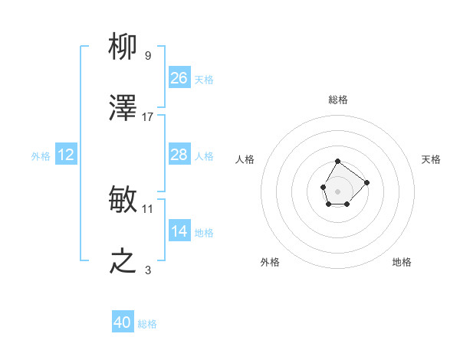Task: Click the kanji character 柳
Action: pos(123,47)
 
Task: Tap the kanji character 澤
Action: pos(123,110)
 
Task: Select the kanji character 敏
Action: pos(123,200)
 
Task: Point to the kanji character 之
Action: pos(123,262)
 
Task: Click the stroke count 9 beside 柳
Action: pos(147,55)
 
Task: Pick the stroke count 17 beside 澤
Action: pos(148,117)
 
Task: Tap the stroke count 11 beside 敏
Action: pos(148,208)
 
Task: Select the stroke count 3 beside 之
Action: pos(147,270)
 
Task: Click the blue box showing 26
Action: pos(179,77)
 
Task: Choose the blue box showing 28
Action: pos(179,155)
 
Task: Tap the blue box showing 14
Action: pos(179,231)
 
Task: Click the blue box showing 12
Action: pos(66,155)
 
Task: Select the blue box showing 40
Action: pos(123,322)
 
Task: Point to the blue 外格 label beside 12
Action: pos(41,155)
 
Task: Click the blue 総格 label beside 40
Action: pos(147,324)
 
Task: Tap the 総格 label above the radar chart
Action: pos(338,100)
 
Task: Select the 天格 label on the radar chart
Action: pos(431,159)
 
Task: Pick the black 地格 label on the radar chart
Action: pos(402,262)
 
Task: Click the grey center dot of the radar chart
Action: pos(337,190)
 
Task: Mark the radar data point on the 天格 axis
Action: pos(366,182)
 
